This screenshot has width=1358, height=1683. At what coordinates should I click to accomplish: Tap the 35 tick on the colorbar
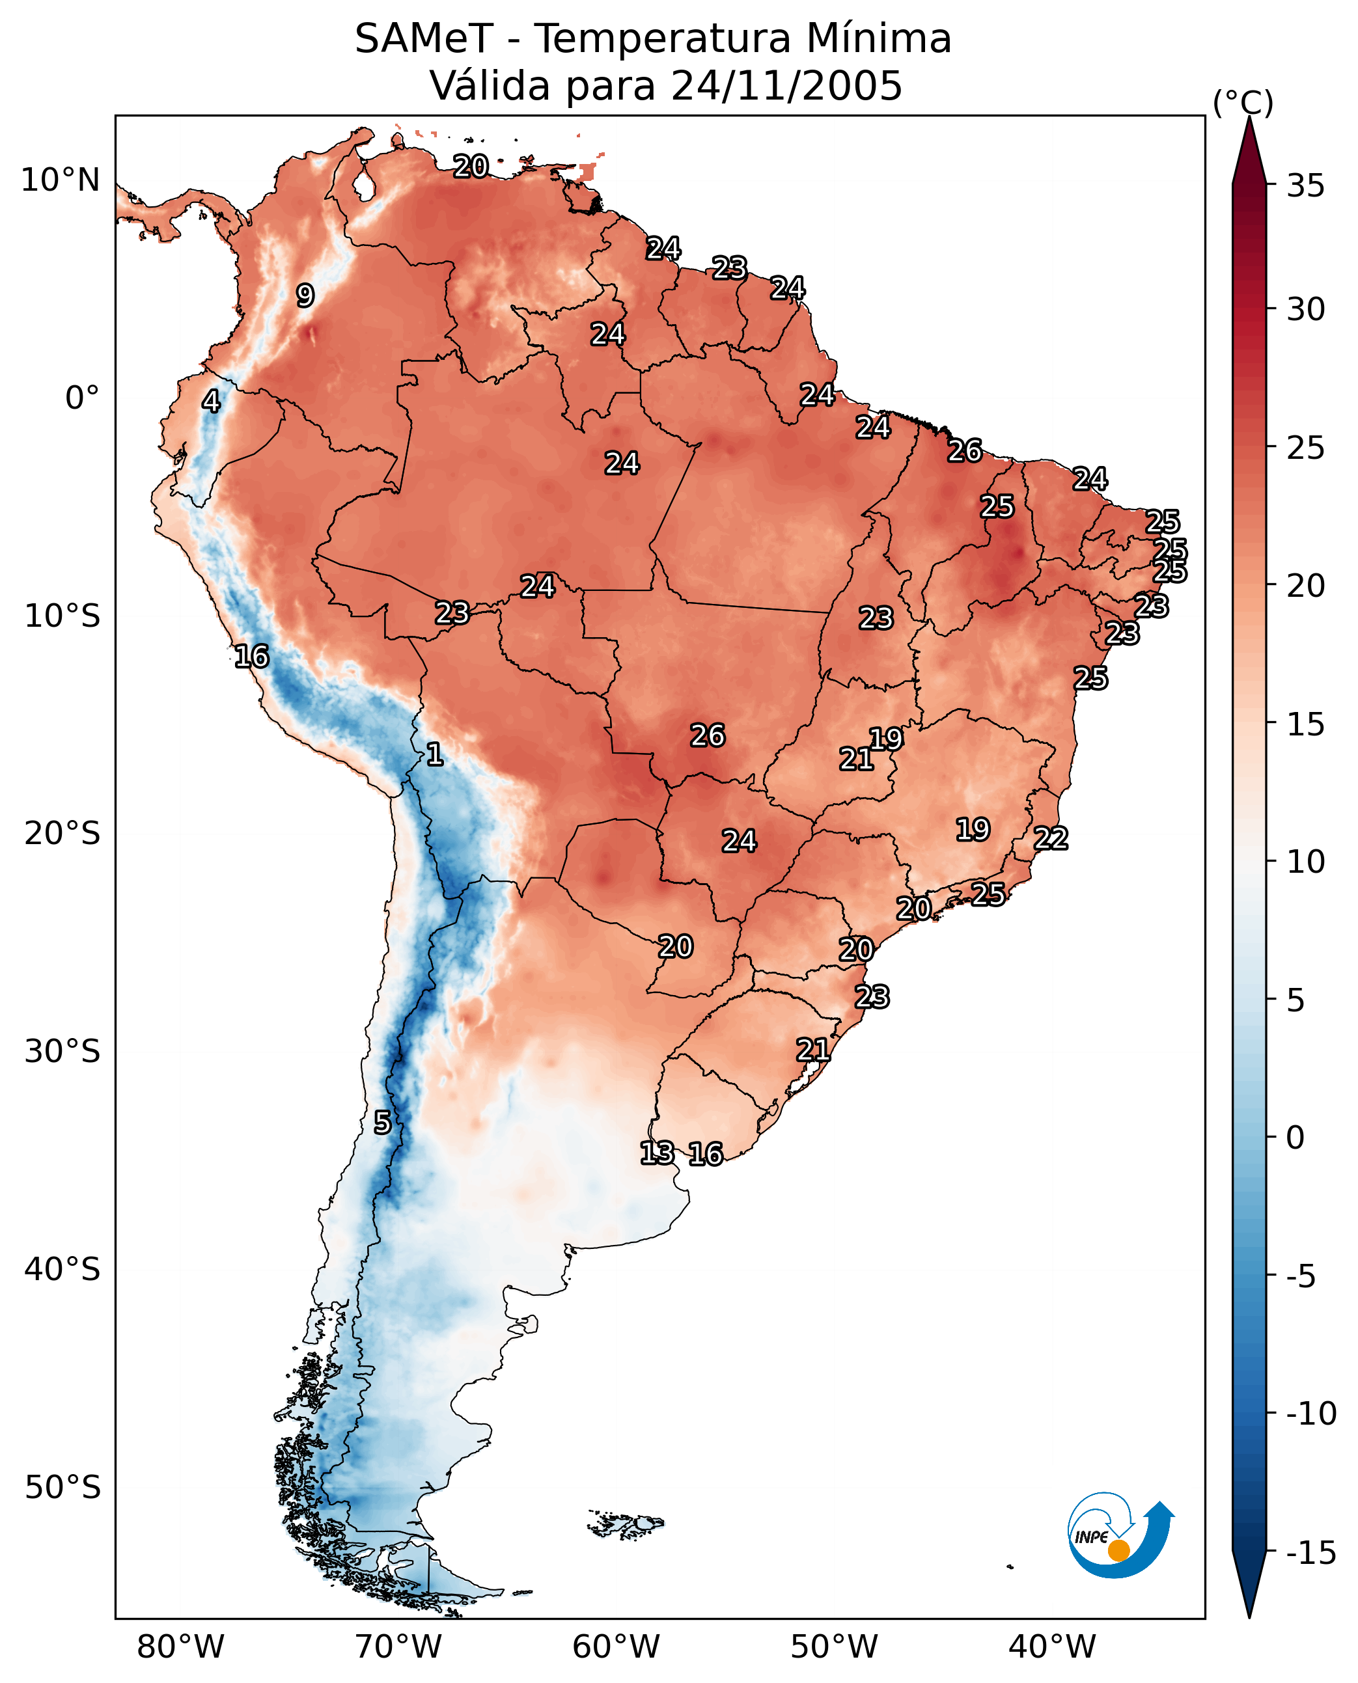pos(1305,186)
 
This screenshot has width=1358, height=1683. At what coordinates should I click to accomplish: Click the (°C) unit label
pos(1243,102)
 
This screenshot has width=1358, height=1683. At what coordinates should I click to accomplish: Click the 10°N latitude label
pos(61,181)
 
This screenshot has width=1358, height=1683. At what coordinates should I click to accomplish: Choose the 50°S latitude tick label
pos(62,1488)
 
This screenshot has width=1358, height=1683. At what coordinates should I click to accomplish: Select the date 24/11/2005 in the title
pos(787,85)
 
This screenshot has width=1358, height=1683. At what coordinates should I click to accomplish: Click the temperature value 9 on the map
pos(305,295)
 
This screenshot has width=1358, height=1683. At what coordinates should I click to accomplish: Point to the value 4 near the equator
pos(211,401)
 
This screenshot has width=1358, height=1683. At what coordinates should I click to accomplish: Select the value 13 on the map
pos(657,1153)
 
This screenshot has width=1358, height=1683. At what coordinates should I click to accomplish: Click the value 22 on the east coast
pos(1051,838)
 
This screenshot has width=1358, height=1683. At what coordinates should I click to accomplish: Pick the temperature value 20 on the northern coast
pos(471,166)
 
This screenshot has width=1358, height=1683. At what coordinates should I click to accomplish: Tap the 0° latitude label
pos(82,398)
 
